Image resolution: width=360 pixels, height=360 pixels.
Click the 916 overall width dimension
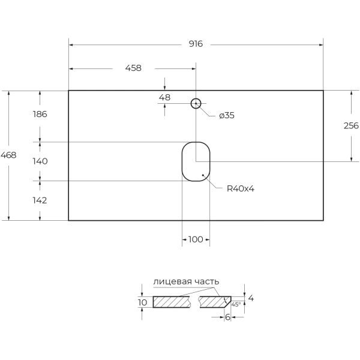(196, 44)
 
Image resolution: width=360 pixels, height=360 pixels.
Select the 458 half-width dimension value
(133, 68)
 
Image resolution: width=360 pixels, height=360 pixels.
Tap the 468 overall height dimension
(8, 155)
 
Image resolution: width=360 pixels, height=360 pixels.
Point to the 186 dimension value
(40, 113)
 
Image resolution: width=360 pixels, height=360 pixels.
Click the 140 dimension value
(40, 161)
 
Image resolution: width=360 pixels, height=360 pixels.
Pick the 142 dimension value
(40, 200)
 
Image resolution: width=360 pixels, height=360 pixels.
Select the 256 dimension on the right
(351, 125)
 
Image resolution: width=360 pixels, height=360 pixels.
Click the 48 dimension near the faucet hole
(164, 97)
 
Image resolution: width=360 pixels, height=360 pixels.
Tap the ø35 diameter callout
(226, 115)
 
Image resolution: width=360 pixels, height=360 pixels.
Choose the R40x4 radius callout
(241, 188)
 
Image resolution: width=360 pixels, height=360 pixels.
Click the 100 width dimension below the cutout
(196, 239)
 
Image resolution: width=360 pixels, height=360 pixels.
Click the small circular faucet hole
(196, 103)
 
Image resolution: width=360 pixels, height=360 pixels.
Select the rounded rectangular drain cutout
(196, 161)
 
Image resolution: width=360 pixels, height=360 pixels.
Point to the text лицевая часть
(186, 281)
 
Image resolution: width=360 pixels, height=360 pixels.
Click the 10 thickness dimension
(142, 302)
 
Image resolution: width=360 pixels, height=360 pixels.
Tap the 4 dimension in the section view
(251, 298)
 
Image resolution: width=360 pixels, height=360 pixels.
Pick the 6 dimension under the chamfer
(228, 317)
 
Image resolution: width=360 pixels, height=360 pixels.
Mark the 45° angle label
(236, 305)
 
